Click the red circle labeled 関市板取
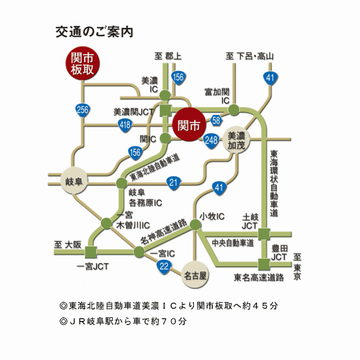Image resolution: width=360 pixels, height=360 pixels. (82, 63)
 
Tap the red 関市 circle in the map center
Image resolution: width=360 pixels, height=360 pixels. (189, 126)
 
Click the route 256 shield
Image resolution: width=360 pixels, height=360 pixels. (82, 110)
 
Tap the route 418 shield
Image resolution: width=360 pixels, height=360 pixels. (125, 125)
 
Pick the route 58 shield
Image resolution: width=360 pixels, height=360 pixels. (216, 120)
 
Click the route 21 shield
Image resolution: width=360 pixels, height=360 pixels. (174, 182)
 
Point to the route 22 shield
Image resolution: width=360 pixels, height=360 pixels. (164, 265)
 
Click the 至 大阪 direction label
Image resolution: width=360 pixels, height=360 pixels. (67, 244)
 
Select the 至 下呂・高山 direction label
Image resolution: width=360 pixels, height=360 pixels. (250, 57)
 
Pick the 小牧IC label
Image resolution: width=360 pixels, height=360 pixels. (212, 217)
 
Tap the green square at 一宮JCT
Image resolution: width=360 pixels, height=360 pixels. (91, 252)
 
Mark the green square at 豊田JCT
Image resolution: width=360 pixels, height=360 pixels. (264, 264)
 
